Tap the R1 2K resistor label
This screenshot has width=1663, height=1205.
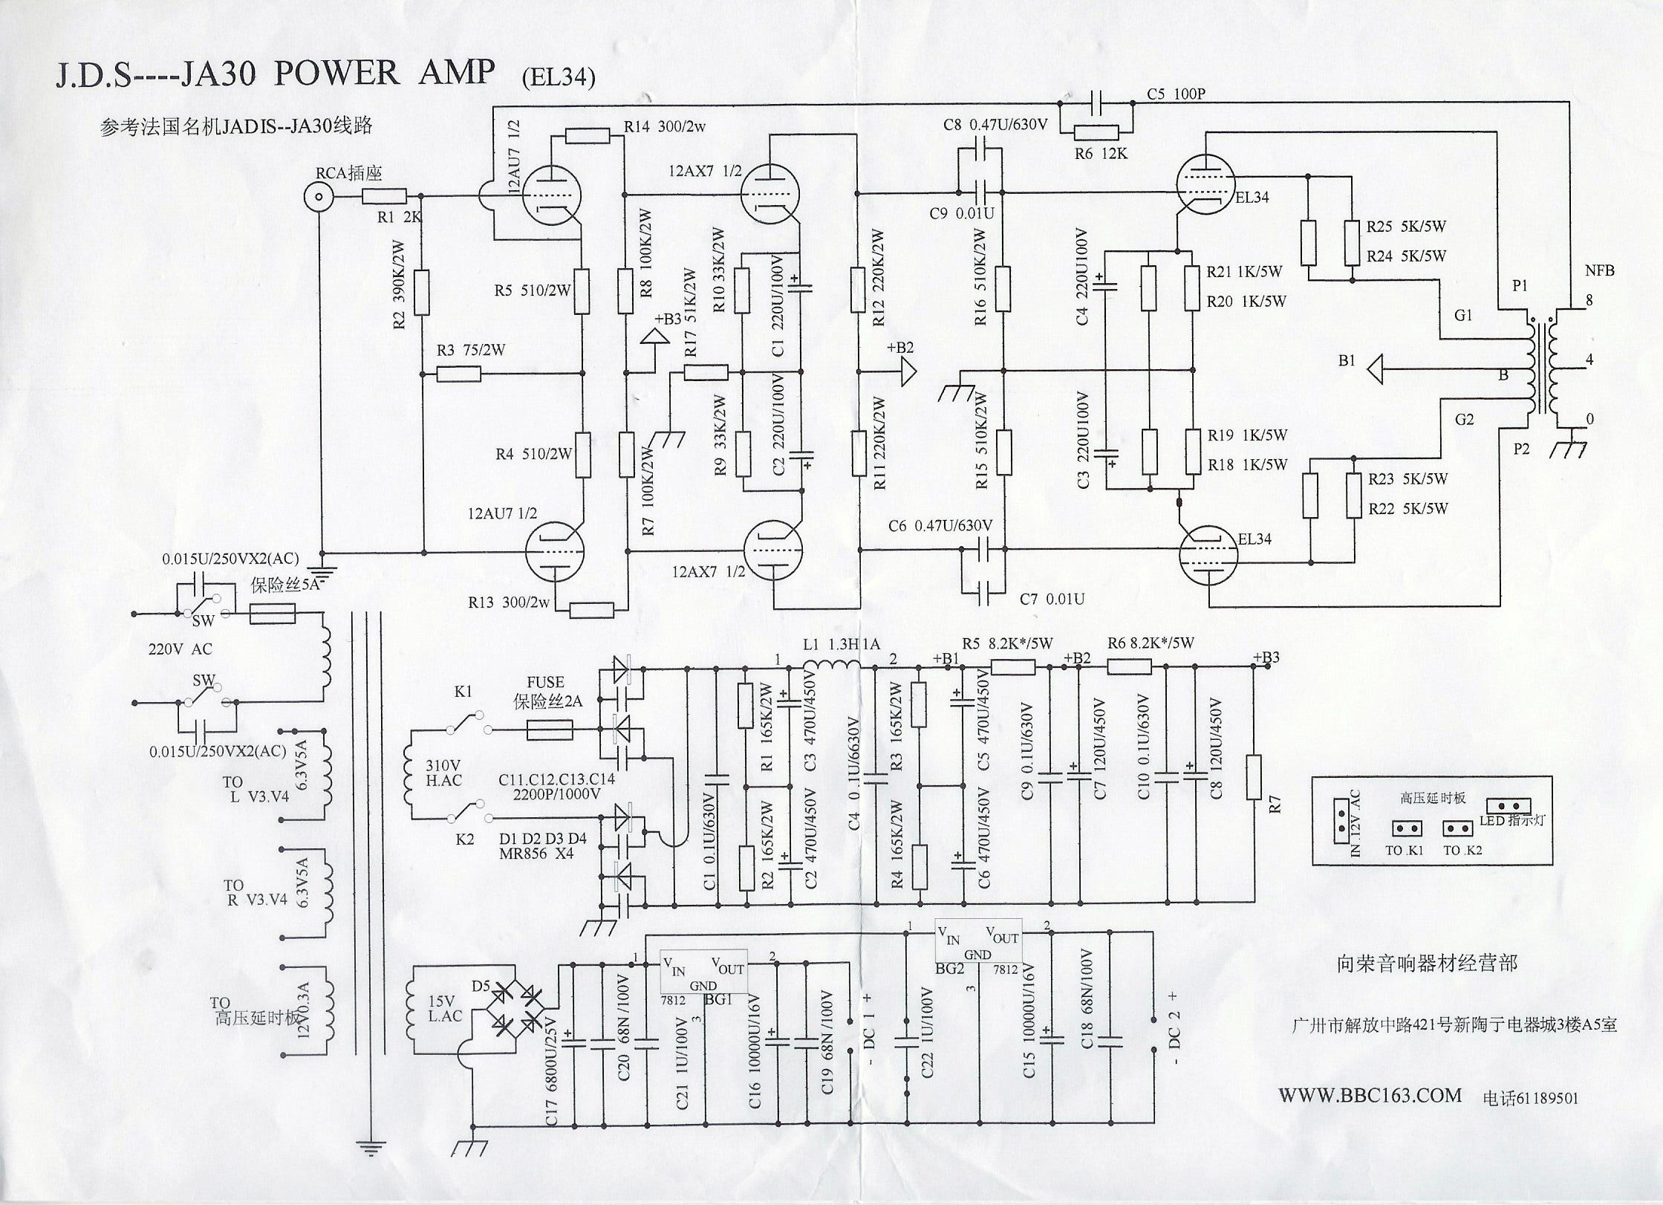click(399, 218)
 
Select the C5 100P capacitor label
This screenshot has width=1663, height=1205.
click(1176, 94)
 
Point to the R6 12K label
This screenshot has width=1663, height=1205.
click(1101, 154)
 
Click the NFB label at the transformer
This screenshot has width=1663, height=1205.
click(1599, 270)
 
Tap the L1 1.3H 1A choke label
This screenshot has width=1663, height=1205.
click(842, 644)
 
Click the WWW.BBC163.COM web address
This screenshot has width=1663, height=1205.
click(1370, 1095)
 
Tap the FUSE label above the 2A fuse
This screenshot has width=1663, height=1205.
click(545, 682)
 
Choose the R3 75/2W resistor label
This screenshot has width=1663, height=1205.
click(470, 350)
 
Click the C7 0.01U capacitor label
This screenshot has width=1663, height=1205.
click(1052, 599)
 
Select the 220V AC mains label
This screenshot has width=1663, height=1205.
click(180, 649)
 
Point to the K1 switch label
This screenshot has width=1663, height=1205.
click(463, 692)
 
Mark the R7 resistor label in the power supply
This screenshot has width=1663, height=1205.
click(1275, 804)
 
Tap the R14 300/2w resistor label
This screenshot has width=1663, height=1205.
click(664, 127)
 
